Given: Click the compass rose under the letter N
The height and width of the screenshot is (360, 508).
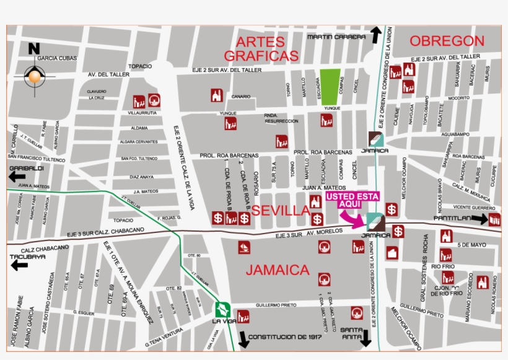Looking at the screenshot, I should (x=34, y=77).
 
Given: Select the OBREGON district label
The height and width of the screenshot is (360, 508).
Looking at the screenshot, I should (x=447, y=42).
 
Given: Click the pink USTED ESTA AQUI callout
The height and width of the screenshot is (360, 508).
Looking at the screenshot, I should (x=353, y=200).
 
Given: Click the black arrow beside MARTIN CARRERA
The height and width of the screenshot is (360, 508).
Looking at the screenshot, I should (x=376, y=35).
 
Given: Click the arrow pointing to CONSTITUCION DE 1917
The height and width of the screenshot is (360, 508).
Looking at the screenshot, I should (x=243, y=339).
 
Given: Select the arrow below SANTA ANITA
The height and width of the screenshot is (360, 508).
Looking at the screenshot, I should (x=366, y=338).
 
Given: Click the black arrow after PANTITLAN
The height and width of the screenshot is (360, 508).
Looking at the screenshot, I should (x=480, y=219).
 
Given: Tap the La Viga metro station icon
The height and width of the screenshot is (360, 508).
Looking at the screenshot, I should (x=223, y=309).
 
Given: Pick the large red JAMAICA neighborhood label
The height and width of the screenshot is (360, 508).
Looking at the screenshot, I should (x=278, y=270).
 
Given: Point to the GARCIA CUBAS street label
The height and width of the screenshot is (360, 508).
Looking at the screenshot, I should (x=57, y=59).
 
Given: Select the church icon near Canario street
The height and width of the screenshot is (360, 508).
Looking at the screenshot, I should (x=216, y=95).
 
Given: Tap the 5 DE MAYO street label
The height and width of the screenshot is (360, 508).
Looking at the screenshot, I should (x=473, y=245).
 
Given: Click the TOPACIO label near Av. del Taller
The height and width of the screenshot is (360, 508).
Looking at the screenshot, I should (x=139, y=66).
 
